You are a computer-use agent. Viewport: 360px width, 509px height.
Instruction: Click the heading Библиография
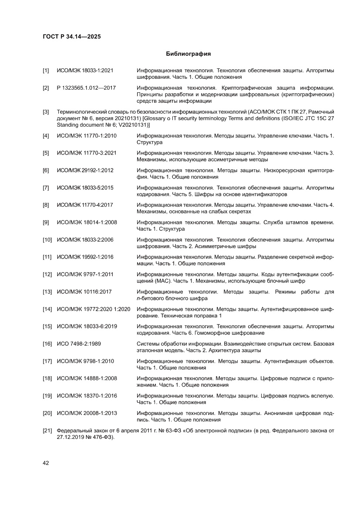point(188,54)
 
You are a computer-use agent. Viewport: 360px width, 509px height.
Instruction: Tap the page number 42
point(46,463)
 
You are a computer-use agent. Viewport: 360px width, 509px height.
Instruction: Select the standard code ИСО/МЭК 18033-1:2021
point(85,70)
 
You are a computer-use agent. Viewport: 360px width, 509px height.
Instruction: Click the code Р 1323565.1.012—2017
point(86,88)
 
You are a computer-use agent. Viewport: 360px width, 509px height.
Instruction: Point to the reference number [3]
point(46,112)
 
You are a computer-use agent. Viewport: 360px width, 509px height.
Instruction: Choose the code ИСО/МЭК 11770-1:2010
point(86,136)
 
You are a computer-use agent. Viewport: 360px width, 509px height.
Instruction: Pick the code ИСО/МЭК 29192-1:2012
point(85,170)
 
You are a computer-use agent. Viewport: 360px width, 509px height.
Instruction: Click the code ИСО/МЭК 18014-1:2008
point(86,222)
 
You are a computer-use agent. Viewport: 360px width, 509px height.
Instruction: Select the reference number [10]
point(47,239)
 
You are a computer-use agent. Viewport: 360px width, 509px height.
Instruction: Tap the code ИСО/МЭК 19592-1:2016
point(85,257)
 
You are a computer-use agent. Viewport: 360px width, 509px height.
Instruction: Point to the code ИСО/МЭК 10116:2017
point(84,292)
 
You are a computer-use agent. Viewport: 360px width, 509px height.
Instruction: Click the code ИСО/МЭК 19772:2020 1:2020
point(94,309)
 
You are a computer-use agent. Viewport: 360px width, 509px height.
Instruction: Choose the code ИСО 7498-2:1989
point(79,344)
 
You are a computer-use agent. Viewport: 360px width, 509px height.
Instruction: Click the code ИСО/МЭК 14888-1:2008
point(86,378)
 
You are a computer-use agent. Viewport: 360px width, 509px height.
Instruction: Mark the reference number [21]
point(47,431)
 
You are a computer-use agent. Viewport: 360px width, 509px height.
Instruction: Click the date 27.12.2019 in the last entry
point(72,437)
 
